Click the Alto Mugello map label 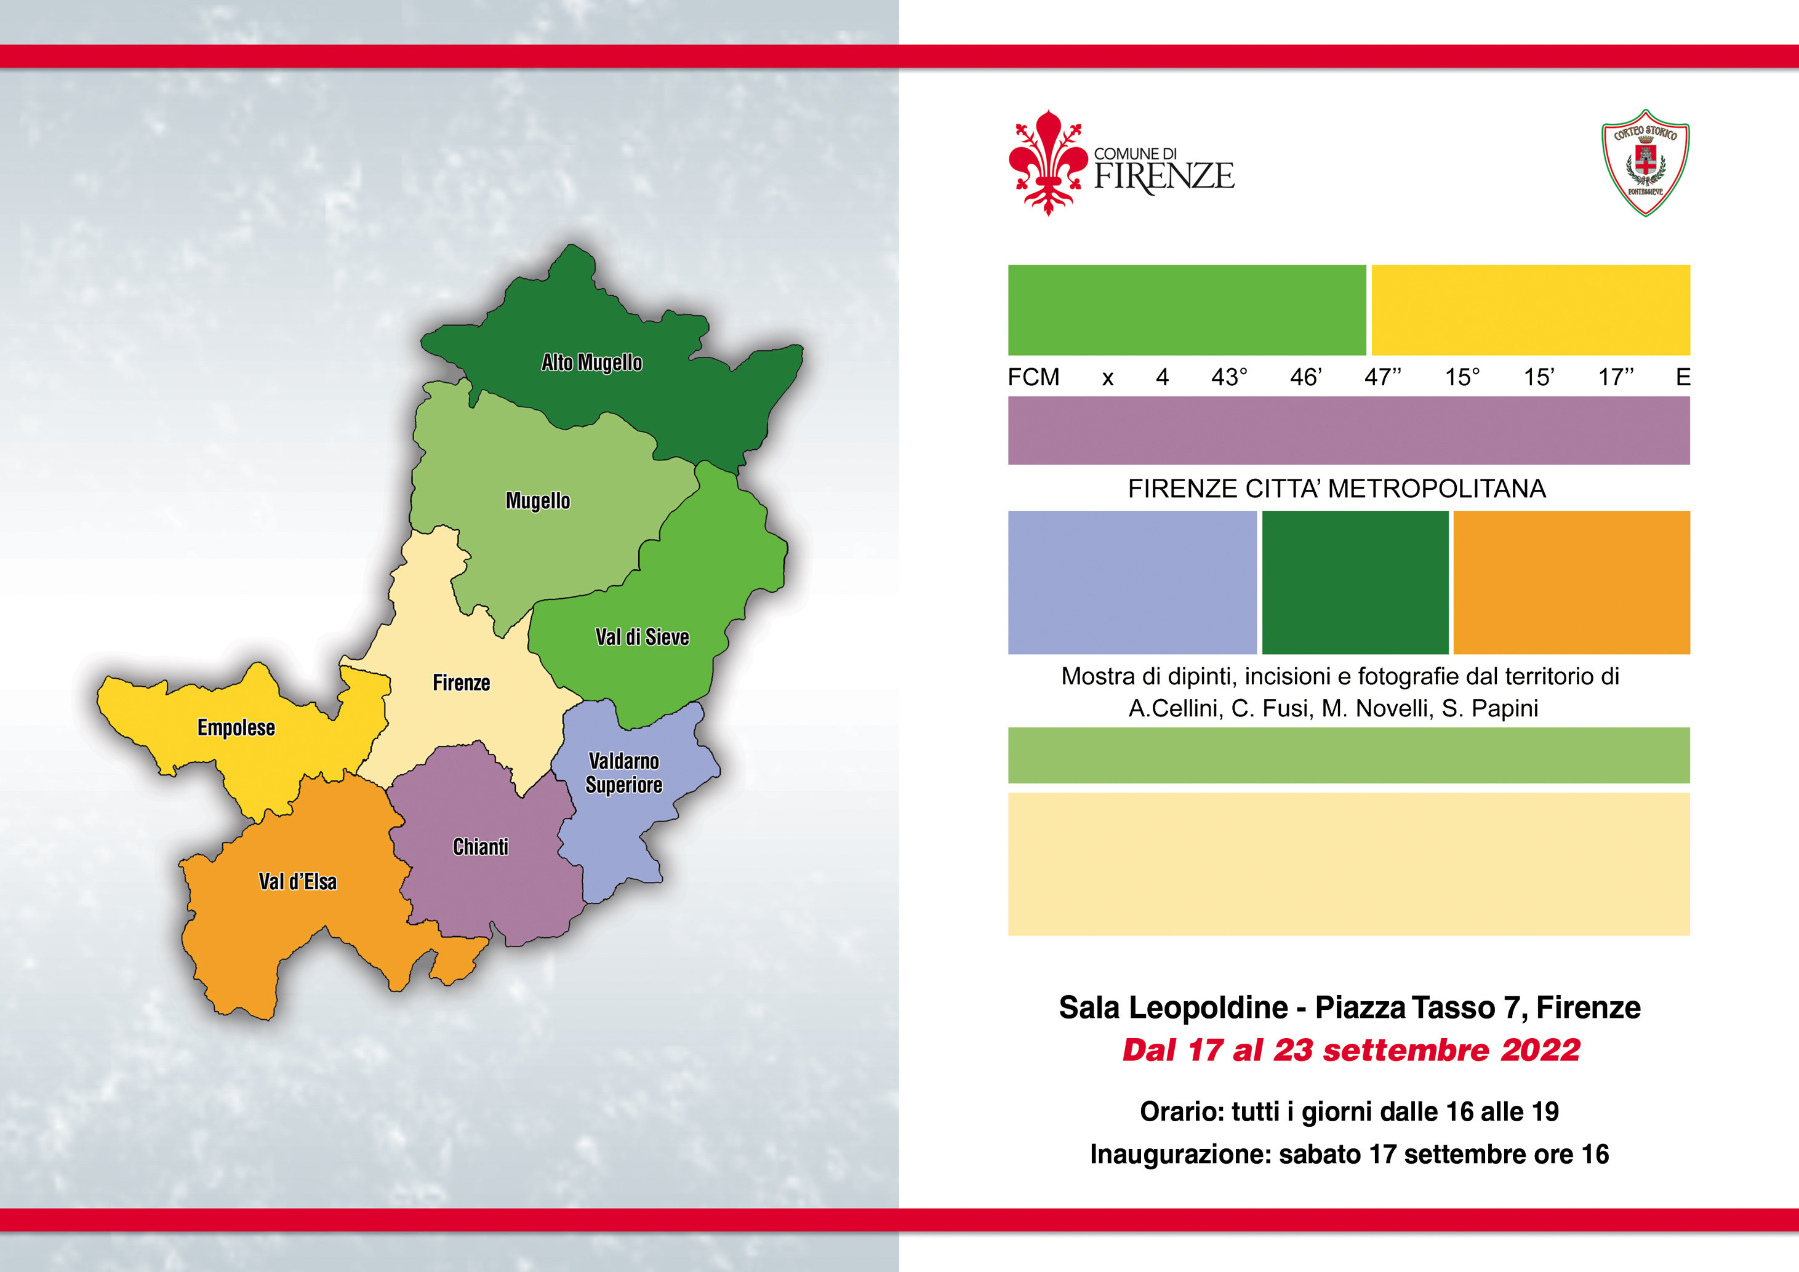[x=591, y=362]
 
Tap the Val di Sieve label [x=643, y=638]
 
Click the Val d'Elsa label [x=298, y=882]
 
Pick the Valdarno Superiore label [x=623, y=773]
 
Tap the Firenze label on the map [x=462, y=683]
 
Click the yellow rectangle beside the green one [x=1530, y=310]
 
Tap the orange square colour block [x=1572, y=583]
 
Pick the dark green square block [x=1355, y=583]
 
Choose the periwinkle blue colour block [x=1132, y=583]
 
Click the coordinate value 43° [x=1229, y=377]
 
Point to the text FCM [x=1033, y=377]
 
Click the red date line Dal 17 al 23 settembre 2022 [x=1351, y=1050]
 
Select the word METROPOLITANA [x=1438, y=489]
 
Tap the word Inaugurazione [x=1180, y=1154]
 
